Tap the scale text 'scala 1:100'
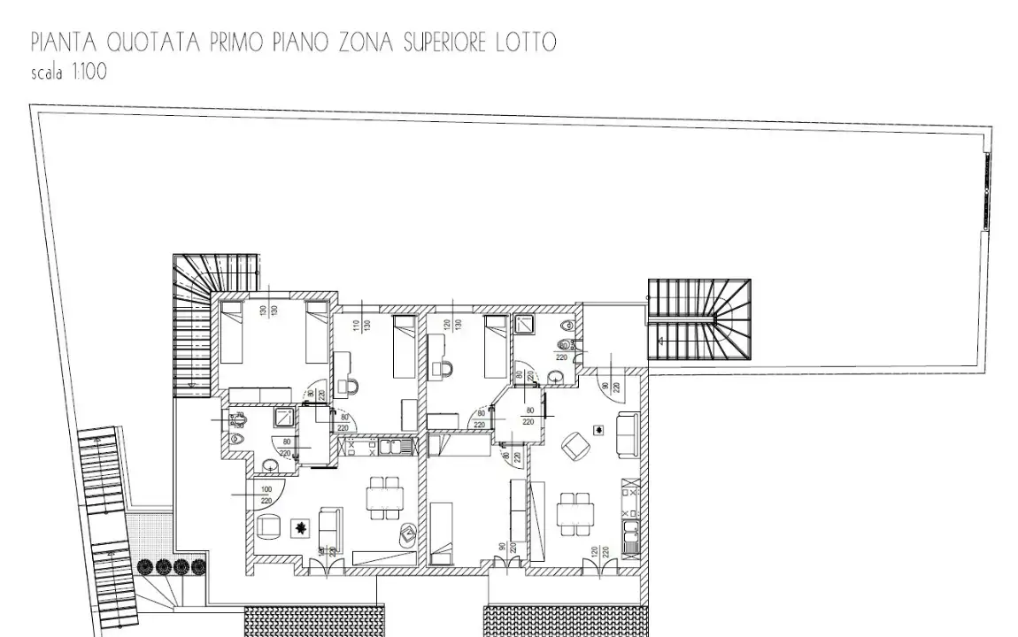(x=69, y=73)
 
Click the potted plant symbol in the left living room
(x=301, y=528)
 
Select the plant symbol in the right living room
(x=600, y=430)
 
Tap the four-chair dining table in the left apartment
(x=383, y=497)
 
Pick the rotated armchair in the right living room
(x=575, y=445)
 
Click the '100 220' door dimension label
(x=266, y=495)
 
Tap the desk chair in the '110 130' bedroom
(x=351, y=388)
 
